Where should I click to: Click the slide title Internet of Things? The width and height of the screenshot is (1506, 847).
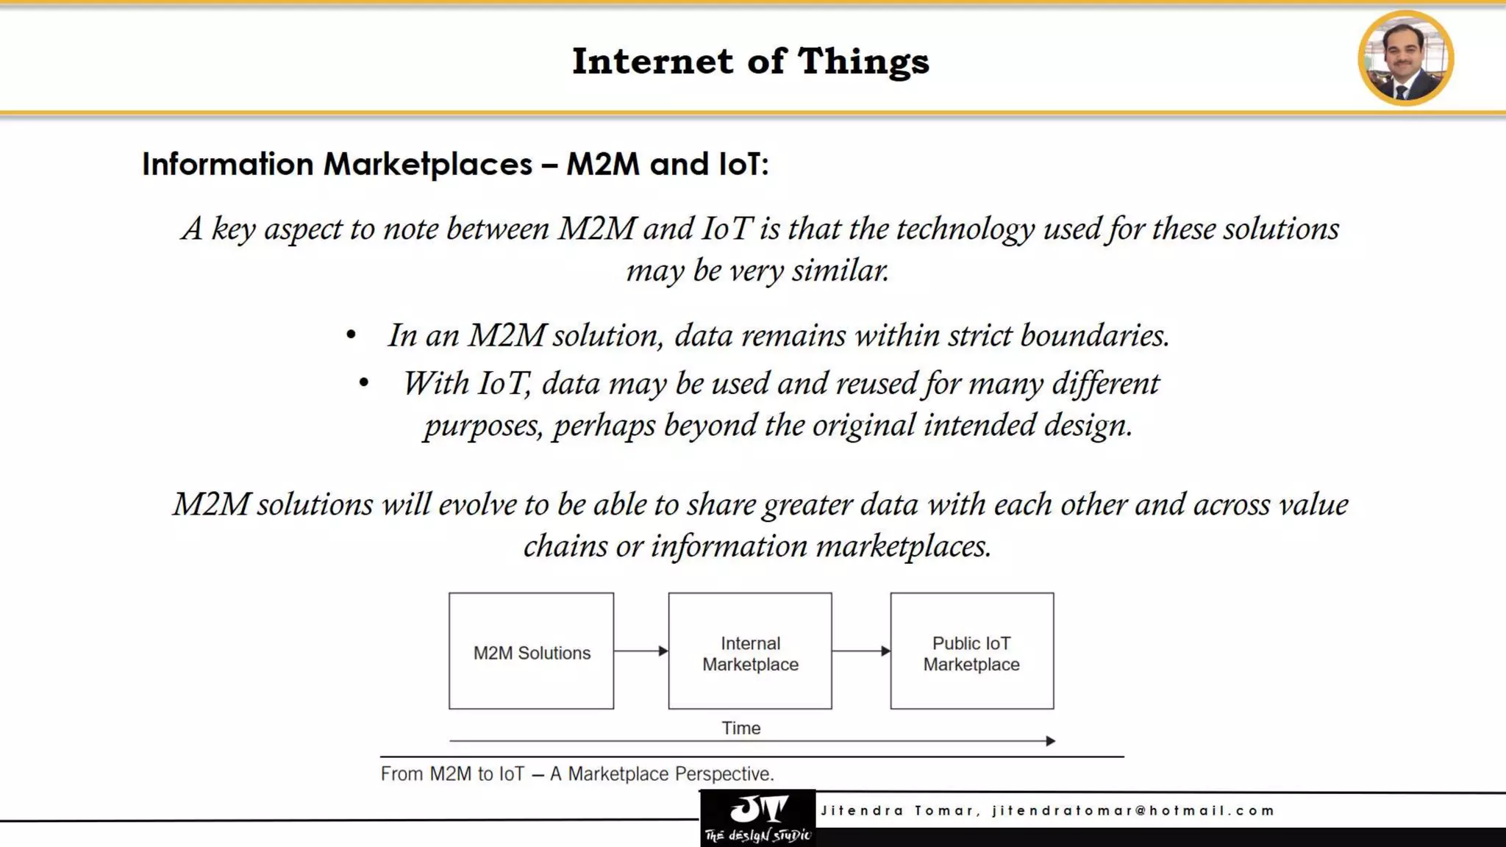tap(751, 61)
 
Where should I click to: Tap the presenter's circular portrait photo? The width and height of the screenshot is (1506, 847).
tap(1405, 58)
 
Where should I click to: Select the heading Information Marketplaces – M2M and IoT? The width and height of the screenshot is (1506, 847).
tap(455, 164)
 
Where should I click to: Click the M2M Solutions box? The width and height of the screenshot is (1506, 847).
tap(531, 651)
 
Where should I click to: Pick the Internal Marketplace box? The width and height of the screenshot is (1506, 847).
tap(750, 651)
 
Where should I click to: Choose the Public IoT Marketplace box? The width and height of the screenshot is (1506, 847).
tap(971, 651)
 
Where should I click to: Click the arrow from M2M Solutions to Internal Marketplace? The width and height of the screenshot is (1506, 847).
tap(640, 651)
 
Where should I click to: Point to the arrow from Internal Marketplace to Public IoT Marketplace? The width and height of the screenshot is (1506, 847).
tap(861, 651)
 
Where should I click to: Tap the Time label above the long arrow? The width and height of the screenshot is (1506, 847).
tap(740, 728)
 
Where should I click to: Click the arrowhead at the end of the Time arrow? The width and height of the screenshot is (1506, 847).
tap(1051, 741)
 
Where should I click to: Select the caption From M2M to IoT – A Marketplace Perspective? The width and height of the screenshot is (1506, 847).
tap(577, 774)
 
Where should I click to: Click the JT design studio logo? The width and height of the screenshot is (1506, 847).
tap(758, 818)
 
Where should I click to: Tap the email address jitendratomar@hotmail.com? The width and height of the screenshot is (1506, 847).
tap(1133, 811)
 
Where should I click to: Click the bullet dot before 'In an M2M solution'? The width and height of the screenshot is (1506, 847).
tap(351, 336)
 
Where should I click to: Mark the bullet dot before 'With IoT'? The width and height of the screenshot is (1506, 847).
tap(364, 383)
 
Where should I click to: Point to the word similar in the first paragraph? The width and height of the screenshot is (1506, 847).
tap(840, 271)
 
